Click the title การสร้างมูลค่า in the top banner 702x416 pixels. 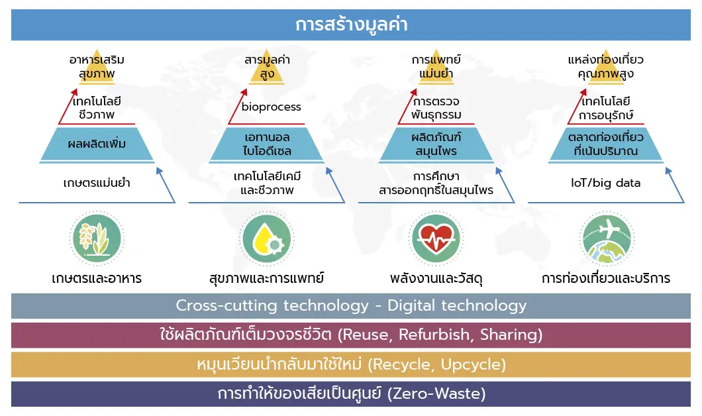coord(352,25)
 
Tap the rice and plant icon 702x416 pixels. coord(97,238)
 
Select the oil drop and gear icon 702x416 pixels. coord(267,238)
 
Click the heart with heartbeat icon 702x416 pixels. coord(436,238)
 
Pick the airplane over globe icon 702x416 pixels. coord(606,238)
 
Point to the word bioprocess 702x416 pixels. coord(272,107)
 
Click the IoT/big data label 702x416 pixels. coord(606,183)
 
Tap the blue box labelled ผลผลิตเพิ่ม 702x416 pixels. coord(97,144)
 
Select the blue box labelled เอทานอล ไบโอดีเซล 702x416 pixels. coord(267,144)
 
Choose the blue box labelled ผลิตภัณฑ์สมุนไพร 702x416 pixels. coord(436,144)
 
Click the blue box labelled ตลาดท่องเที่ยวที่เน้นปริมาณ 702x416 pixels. coord(606,144)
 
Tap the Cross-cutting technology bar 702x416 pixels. coord(351,306)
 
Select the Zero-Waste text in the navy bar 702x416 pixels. coord(436,393)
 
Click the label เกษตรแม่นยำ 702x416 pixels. coord(97,183)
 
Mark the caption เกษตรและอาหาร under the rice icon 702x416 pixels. coord(97,278)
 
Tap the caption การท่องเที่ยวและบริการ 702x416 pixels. coord(606,278)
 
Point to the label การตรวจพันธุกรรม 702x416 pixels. coord(436,109)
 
